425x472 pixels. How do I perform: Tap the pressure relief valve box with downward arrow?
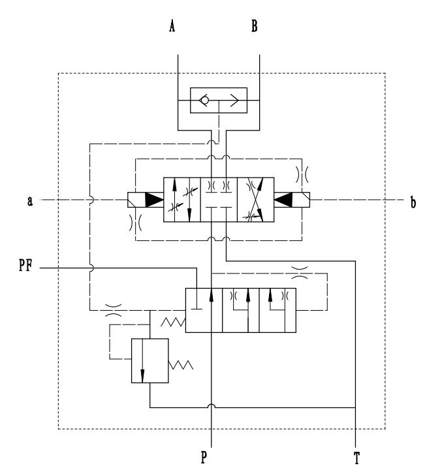pyautogui.click(x=150, y=360)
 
